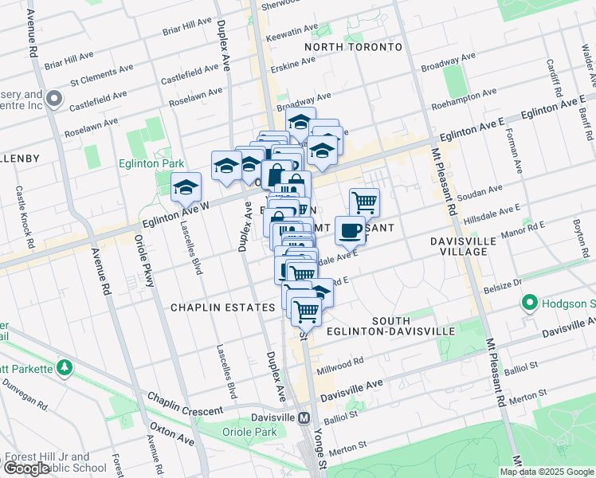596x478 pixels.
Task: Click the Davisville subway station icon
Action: pos(303,417)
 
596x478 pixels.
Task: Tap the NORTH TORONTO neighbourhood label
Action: pos(353,47)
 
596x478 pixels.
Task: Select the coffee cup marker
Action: pos(350,231)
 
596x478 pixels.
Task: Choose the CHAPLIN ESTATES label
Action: pos(211,307)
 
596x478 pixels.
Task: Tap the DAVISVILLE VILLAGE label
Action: pos(469,245)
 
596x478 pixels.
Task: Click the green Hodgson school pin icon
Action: pos(528,303)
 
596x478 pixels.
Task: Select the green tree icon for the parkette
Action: pos(64,368)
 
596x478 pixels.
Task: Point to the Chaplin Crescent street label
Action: pos(185,409)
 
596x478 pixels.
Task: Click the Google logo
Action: pos(26,468)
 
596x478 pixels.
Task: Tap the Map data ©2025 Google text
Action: pos(547,472)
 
